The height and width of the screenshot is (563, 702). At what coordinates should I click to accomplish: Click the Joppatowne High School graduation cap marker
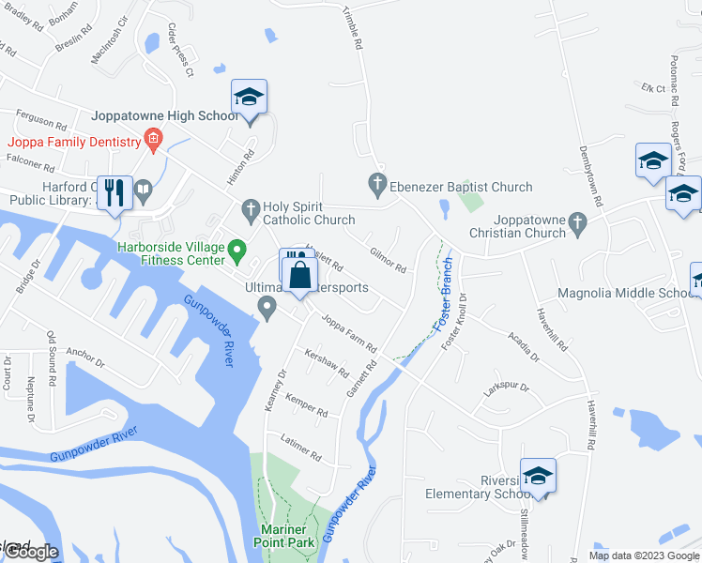[250, 98]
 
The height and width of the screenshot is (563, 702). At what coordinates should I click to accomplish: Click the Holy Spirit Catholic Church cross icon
[250, 208]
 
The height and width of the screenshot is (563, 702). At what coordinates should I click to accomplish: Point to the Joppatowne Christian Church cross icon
[577, 222]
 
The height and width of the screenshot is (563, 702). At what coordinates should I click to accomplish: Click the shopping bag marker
[300, 277]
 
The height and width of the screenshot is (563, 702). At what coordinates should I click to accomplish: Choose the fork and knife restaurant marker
[115, 193]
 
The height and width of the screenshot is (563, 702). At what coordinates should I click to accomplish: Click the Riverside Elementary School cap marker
[538, 476]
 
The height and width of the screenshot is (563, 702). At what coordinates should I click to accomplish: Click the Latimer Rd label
[301, 448]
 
